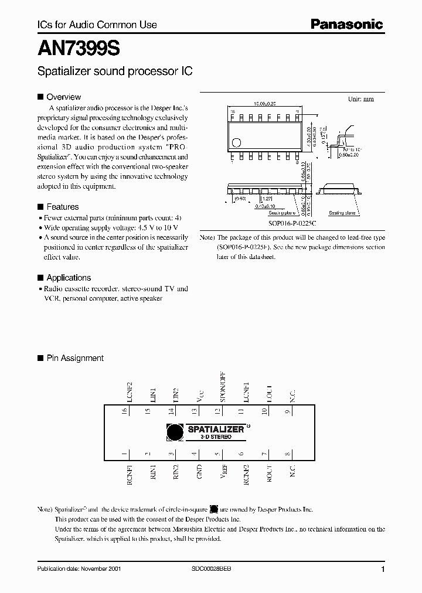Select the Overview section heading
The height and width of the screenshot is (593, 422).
tap(63, 97)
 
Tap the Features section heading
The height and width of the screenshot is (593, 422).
tap(62, 207)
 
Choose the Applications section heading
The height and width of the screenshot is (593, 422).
tap(68, 278)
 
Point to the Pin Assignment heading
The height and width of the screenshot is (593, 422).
tap(74, 358)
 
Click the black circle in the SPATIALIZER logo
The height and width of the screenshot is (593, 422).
tap(175, 432)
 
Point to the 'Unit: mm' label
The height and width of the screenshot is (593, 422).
tap(360, 99)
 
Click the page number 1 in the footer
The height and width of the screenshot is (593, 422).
tap(383, 570)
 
